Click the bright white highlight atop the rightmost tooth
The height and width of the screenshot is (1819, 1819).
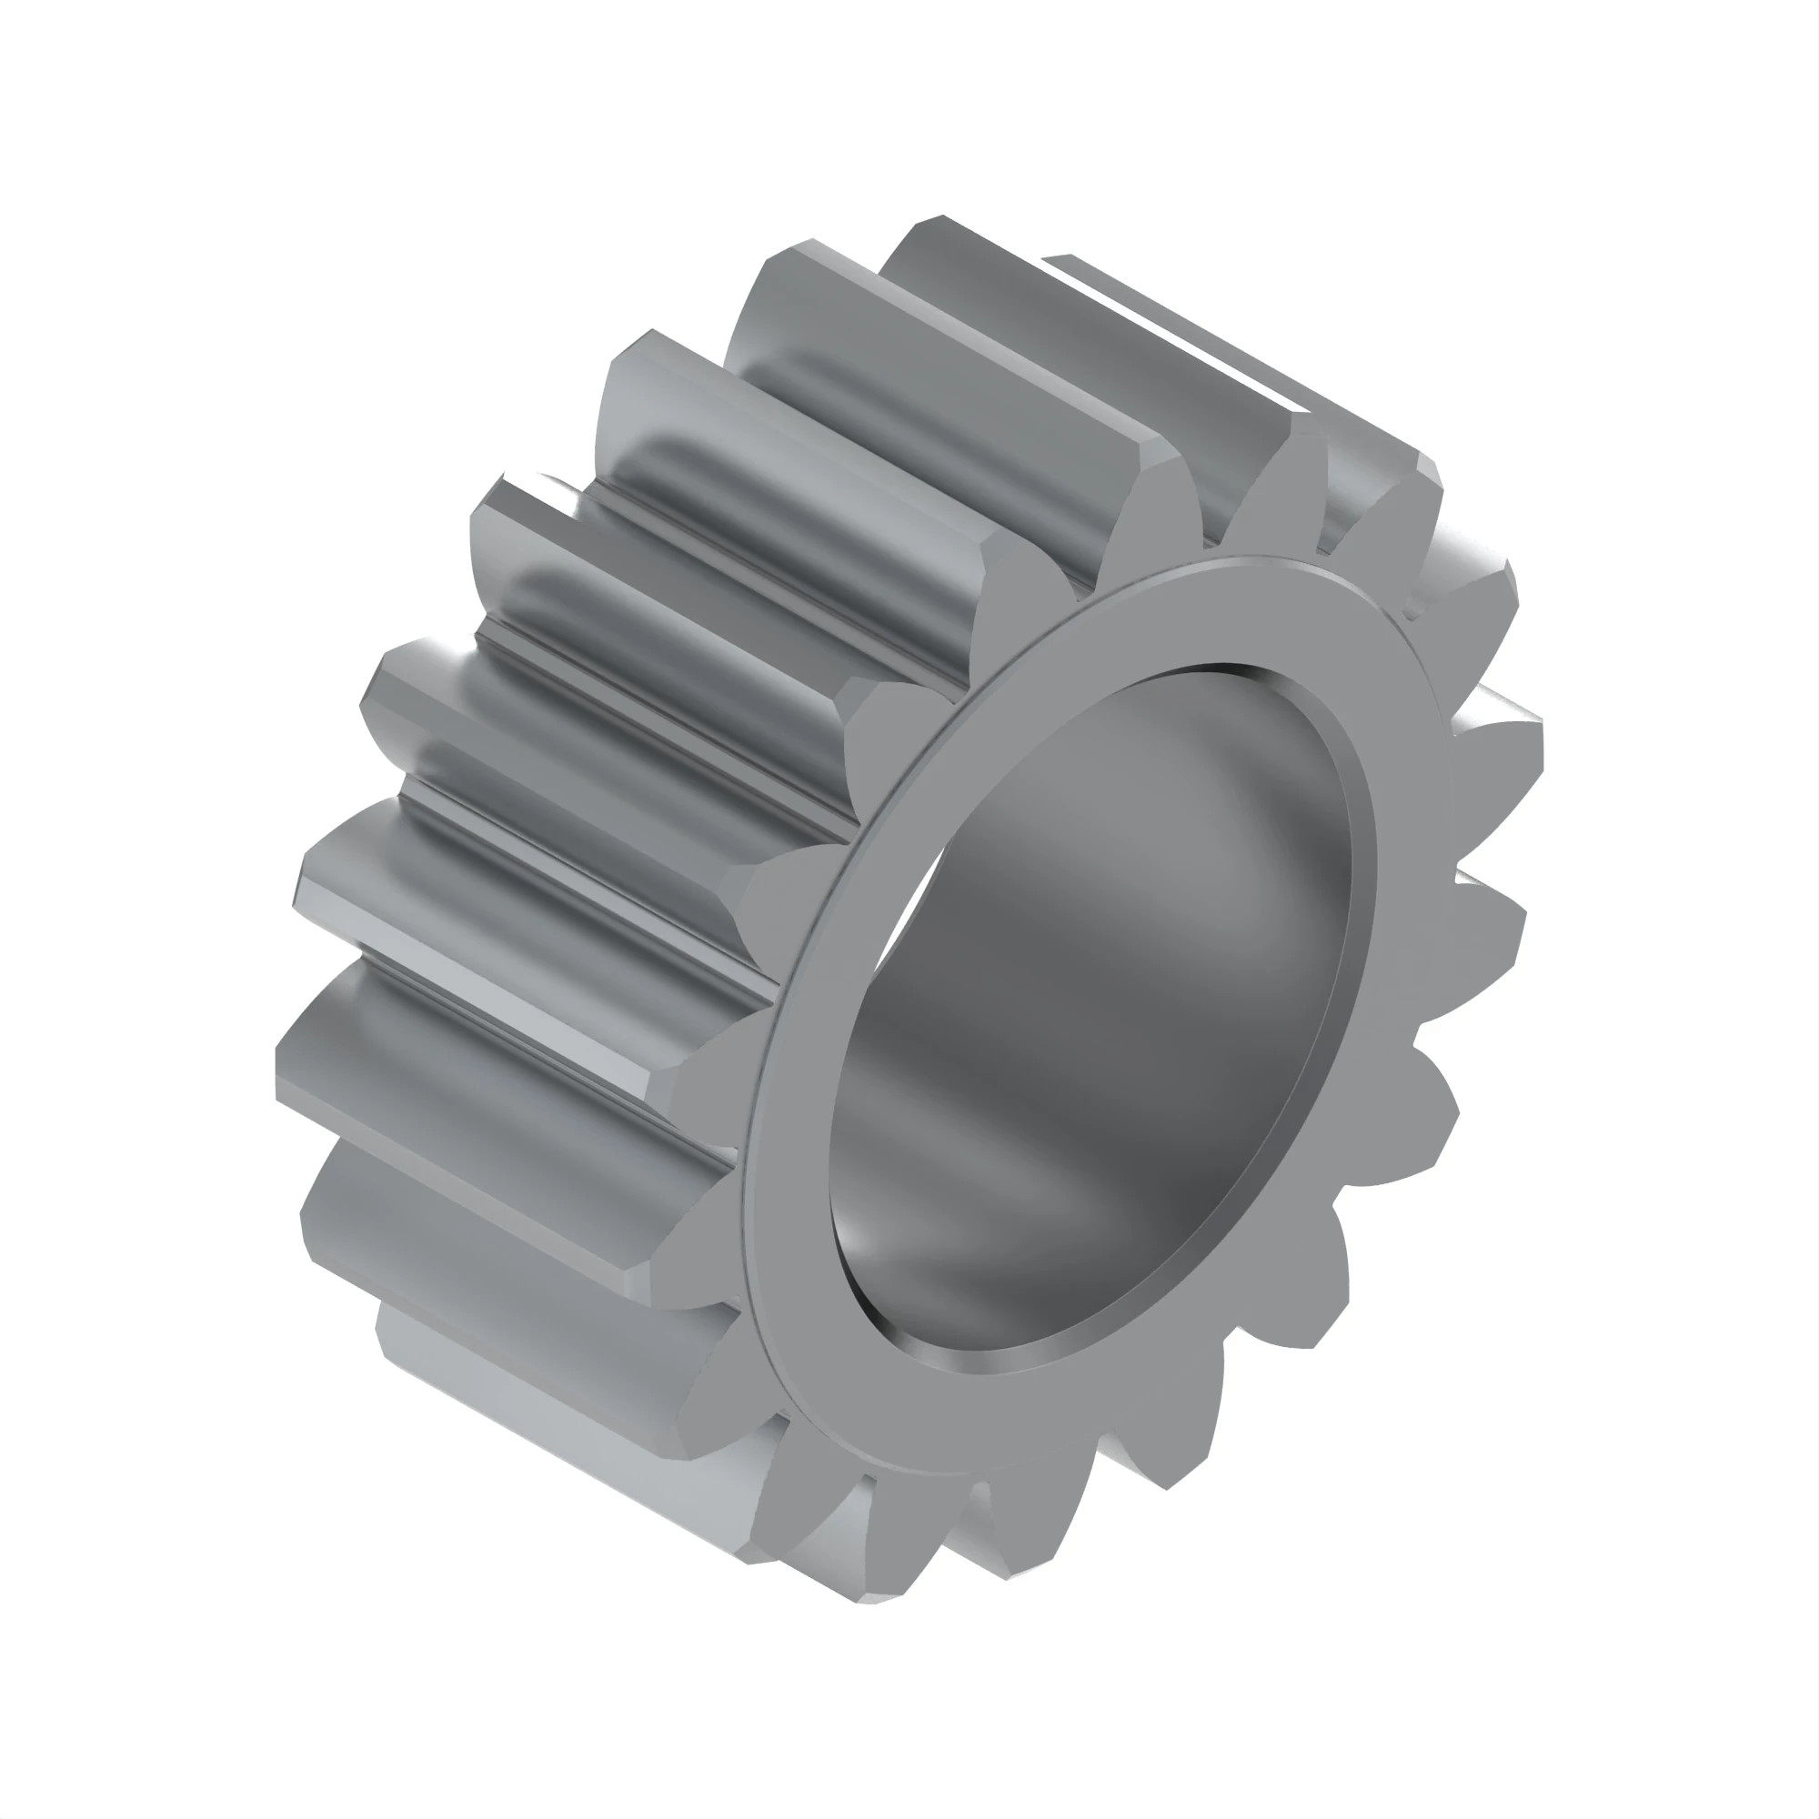point(1497,697)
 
